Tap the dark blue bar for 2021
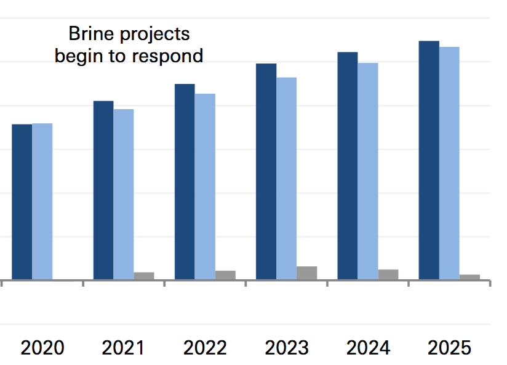103,191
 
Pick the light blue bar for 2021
124,194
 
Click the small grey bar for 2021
144,276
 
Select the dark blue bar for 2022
185,182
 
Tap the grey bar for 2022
225,275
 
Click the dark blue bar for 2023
266,172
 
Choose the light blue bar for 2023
286,179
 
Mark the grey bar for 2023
306,273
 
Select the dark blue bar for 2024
348,166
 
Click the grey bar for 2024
388,274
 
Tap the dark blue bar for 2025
429,160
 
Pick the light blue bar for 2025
449,163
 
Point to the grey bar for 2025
469,277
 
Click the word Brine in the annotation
89,33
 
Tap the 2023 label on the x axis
287,348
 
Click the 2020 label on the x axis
42,348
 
